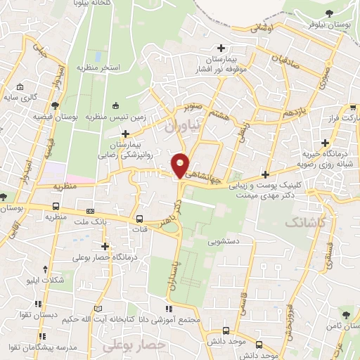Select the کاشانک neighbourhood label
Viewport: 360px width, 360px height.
307,222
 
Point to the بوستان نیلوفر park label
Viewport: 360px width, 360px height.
330,25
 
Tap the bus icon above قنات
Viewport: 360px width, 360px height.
139,218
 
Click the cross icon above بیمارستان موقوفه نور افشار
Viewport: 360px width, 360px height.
221,48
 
